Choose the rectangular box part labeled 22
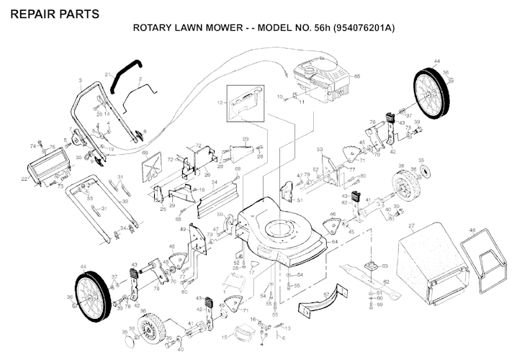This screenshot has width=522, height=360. (42, 171)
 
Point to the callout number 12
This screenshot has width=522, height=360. (220, 104)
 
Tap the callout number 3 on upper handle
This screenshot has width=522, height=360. (80, 79)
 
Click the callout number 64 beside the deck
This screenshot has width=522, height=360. (335, 242)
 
